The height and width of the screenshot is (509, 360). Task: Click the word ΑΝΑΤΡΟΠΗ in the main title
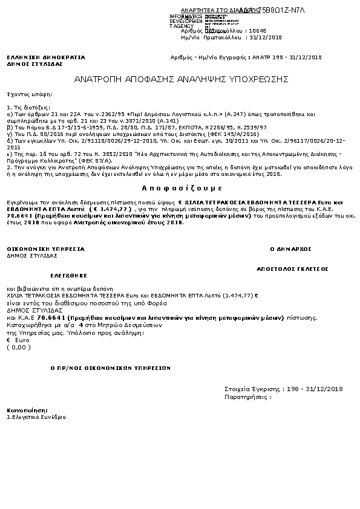[x=98, y=79]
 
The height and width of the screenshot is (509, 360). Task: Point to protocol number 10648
[x=258, y=30]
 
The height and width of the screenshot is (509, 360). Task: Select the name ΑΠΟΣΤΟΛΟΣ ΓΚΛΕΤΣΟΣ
[x=292, y=267]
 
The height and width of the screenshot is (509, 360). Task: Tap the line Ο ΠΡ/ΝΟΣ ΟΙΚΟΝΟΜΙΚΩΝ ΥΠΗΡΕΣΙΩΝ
[x=110, y=368]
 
